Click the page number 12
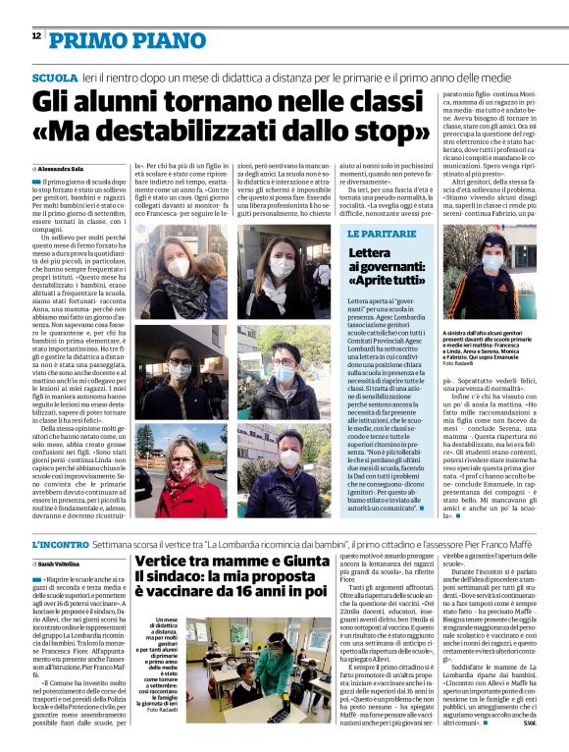coord(36,35)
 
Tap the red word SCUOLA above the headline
coord(54,78)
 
